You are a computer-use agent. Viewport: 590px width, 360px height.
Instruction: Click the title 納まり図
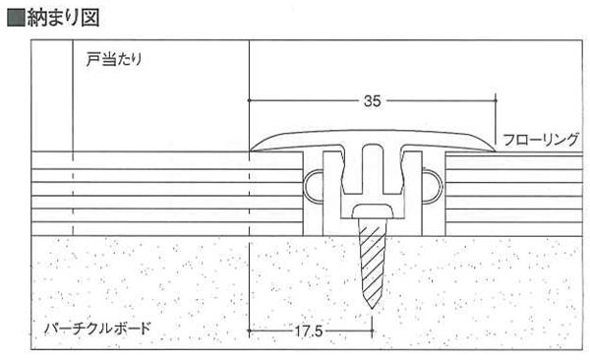(x=63, y=18)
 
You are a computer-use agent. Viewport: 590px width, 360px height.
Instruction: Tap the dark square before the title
(x=16, y=18)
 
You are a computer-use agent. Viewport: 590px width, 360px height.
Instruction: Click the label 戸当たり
(x=114, y=59)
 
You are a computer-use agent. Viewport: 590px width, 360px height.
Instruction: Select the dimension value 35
(x=372, y=101)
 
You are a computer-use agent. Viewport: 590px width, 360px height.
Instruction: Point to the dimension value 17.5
(x=308, y=331)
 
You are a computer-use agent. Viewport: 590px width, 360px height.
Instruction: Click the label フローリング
(x=541, y=140)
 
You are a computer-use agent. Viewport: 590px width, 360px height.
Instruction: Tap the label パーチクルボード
(x=97, y=329)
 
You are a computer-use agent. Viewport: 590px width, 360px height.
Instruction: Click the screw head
(x=373, y=211)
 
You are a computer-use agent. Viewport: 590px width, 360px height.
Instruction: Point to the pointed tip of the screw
(x=372, y=309)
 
